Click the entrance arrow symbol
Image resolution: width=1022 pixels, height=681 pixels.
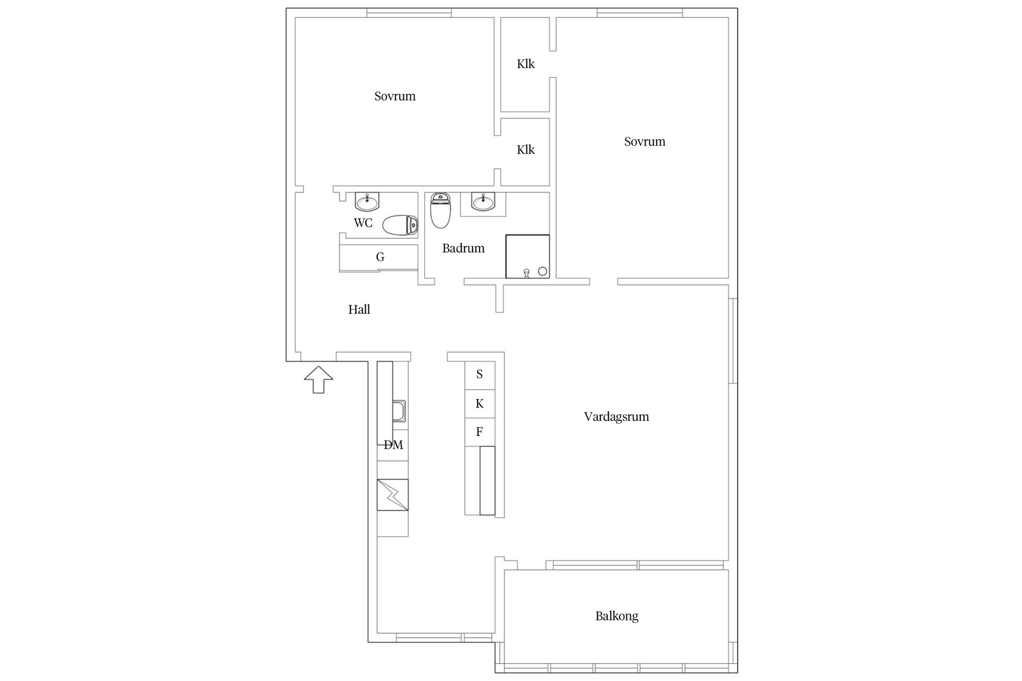click(318, 379)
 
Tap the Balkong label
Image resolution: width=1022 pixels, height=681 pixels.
click(616, 616)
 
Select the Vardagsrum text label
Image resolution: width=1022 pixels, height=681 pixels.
click(616, 417)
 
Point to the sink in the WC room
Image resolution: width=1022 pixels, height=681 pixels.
click(367, 202)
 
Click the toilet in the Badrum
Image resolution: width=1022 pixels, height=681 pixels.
click(440, 210)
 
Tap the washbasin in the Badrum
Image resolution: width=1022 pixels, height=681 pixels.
click(483, 201)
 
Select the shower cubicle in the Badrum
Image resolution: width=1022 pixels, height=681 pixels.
click(527, 256)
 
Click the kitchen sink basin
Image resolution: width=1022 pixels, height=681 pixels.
click(399, 411)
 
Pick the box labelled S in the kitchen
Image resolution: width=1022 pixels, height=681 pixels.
click(480, 375)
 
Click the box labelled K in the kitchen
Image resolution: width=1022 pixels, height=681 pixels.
click(480, 404)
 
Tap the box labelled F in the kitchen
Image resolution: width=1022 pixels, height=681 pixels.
click(480, 431)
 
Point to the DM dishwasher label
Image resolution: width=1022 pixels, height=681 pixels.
click(393, 445)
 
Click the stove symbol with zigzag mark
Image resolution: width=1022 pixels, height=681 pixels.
click(393, 495)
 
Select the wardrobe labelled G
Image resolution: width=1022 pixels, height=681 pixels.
click(380, 258)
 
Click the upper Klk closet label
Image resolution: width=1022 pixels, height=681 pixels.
click(525, 64)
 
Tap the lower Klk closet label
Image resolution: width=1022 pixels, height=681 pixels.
click(525, 150)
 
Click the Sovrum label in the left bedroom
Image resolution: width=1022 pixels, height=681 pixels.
click(394, 96)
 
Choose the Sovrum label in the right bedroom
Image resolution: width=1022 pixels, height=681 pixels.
click(644, 142)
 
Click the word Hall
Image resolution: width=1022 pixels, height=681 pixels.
click(359, 310)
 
